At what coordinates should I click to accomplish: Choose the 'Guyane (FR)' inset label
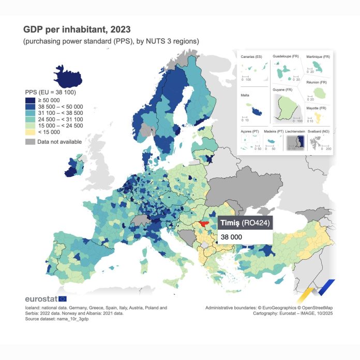[x=282, y=90]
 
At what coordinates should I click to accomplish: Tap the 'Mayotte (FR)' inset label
[x=316, y=108]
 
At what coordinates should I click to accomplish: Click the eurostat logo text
[x=41, y=299]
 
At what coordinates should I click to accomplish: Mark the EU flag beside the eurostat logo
[x=63, y=299]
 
